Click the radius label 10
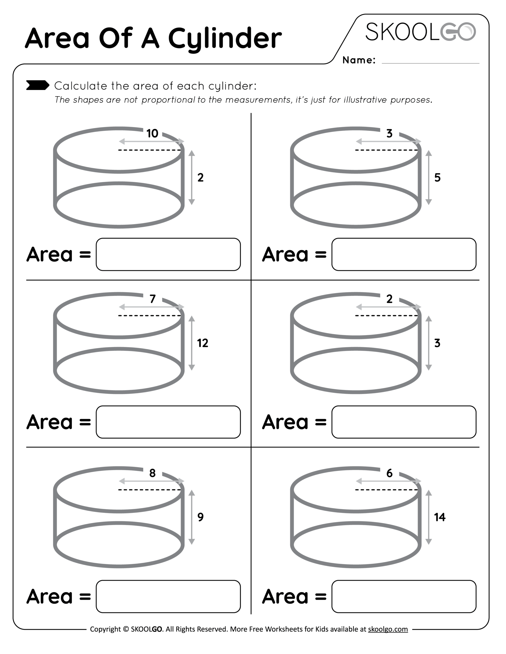tap(152, 134)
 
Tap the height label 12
tap(203, 343)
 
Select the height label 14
tap(440, 517)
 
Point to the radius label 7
tap(153, 299)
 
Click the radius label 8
tap(152, 473)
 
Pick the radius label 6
tap(389, 473)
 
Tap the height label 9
tap(200, 517)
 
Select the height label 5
tap(437, 178)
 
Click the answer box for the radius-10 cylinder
tap(168, 254)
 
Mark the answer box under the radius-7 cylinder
tap(168, 422)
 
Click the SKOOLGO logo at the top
tap(420, 32)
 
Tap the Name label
tap(359, 60)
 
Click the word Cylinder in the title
tap(225, 39)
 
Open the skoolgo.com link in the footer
tap(388, 629)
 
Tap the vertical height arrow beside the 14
tap(429, 517)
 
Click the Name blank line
tap(430, 63)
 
